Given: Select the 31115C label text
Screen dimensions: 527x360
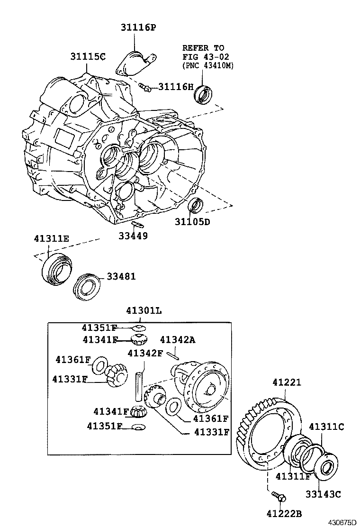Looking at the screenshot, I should (88, 56).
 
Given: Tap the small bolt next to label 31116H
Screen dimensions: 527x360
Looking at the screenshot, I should (145, 87).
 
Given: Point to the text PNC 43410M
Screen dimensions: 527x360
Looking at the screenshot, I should (208, 65).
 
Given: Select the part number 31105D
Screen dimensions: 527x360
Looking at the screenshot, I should (192, 221).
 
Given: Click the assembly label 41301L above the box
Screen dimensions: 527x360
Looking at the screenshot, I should (144, 311).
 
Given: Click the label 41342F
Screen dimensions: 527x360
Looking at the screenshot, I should (145, 353).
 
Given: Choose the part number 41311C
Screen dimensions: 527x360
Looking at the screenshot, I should (326, 427).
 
